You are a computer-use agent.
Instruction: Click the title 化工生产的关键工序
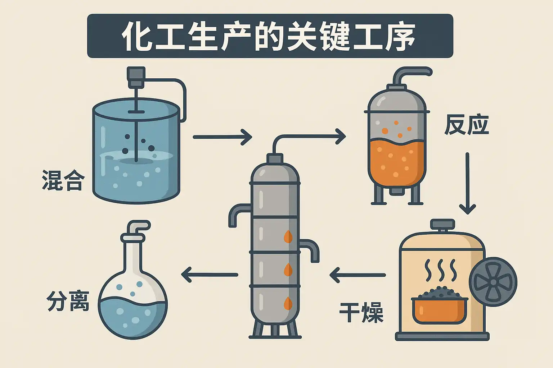(x=270, y=36)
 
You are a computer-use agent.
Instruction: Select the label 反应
(x=467, y=125)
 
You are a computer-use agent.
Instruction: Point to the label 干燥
(x=361, y=312)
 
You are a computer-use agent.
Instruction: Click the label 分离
(x=68, y=301)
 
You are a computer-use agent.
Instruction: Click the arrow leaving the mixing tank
(x=222, y=137)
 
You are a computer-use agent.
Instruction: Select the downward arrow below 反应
(x=467, y=183)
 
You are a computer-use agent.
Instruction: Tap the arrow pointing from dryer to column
(x=357, y=275)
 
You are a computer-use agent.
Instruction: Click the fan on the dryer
(x=493, y=282)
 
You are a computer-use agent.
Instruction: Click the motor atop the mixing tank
(x=136, y=77)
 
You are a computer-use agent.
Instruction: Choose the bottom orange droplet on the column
(x=288, y=303)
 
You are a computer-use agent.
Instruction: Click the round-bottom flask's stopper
(x=133, y=238)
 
